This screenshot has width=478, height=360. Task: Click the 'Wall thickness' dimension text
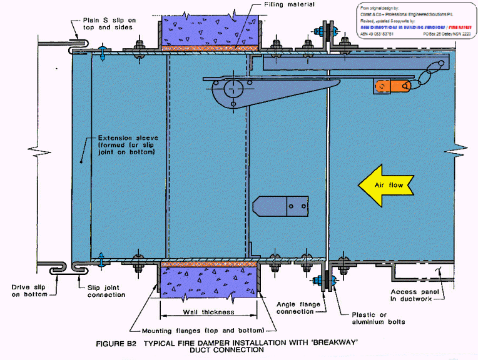tap(208, 311)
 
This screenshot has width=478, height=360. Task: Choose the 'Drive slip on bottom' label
tap(28, 291)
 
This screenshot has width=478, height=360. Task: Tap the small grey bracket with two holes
tap(280, 205)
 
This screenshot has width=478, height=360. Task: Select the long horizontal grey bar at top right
tap(356, 62)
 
